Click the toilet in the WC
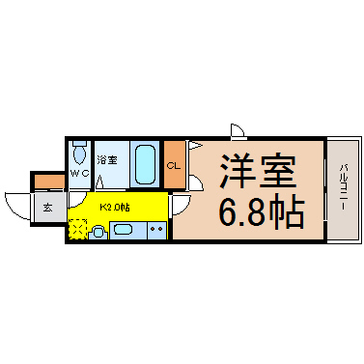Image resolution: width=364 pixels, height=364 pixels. tap(79, 154)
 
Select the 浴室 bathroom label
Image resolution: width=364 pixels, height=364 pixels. tap(106, 158)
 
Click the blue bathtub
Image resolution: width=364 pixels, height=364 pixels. tap(145, 165)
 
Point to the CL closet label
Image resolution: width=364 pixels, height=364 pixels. tap(174, 166)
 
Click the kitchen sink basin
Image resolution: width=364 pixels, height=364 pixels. tap(123, 230)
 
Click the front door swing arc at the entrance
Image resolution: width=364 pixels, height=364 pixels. tap(15, 205)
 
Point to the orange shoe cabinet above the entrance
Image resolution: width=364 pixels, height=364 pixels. tap(47, 181)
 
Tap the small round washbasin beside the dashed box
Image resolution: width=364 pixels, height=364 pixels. tap(98, 232)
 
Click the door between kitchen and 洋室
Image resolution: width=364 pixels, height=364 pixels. tap(179, 205)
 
